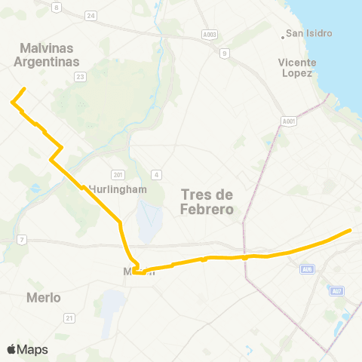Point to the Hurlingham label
coord(117,189)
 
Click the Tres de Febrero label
coord(207,202)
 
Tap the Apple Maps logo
coord(27,349)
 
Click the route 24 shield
coord(91,15)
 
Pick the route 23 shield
coord(81,76)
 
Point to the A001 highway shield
coord(289,121)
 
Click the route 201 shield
coord(117,174)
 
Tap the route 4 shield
coord(156,175)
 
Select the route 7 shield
coord(22,240)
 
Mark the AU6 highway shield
coord(307,268)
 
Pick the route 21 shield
coord(69,318)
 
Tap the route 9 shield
coord(224,53)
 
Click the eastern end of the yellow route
coord(351,230)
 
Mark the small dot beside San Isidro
coord(284,34)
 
